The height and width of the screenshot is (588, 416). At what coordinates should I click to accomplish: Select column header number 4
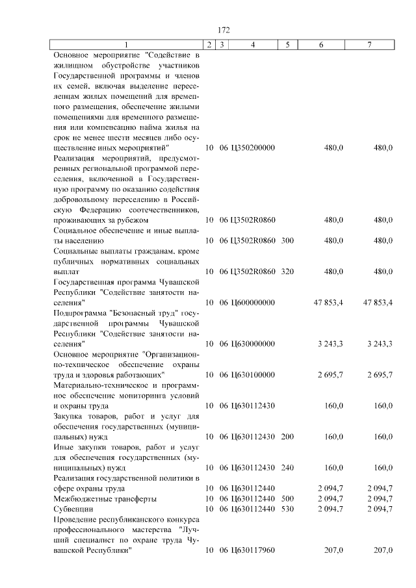(252, 44)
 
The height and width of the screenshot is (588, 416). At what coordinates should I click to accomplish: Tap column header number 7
(369, 44)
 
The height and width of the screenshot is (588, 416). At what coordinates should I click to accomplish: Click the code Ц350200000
(252, 147)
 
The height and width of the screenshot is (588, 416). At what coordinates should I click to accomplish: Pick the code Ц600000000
(252, 302)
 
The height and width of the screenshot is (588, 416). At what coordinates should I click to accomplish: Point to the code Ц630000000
(252, 343)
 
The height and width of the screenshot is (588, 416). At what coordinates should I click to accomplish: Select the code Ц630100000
(252, 374)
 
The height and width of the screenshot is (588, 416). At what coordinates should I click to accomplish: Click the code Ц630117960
(252, 550)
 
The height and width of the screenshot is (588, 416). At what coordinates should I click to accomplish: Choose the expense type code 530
(287, 509)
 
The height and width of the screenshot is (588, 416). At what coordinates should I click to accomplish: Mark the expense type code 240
(287, 467)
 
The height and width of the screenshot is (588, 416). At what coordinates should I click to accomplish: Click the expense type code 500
(287, 498)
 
